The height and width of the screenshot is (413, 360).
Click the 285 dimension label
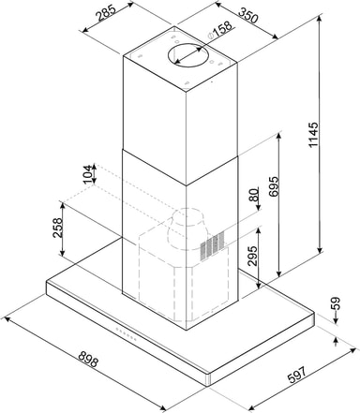(x=105, y=13)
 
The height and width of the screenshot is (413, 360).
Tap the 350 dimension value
(x=248, y=14)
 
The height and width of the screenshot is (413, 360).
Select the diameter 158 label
(x=220, y=30)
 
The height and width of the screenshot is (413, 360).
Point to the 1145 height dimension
(x=313, y=135)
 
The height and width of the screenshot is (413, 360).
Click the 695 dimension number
(x=274, y=186)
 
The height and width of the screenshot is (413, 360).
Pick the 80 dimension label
(x=254, y=195)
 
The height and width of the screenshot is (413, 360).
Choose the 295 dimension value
(x=252, y=256)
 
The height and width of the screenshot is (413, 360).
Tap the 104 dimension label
(x=88, y=174)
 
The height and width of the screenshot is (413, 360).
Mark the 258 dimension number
(x=58, y=228)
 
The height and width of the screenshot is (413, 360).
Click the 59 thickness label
(x=335, y=303)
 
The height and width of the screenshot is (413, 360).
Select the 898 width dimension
(x=88, y=359)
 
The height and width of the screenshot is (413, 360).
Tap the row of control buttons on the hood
(x=126, y=333)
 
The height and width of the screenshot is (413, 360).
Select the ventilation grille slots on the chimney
(x=213, y=245)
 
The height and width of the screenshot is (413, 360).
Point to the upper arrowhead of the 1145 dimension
(x=319, y=19)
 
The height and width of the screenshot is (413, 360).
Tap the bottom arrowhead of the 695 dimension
(x=279, y=273)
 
